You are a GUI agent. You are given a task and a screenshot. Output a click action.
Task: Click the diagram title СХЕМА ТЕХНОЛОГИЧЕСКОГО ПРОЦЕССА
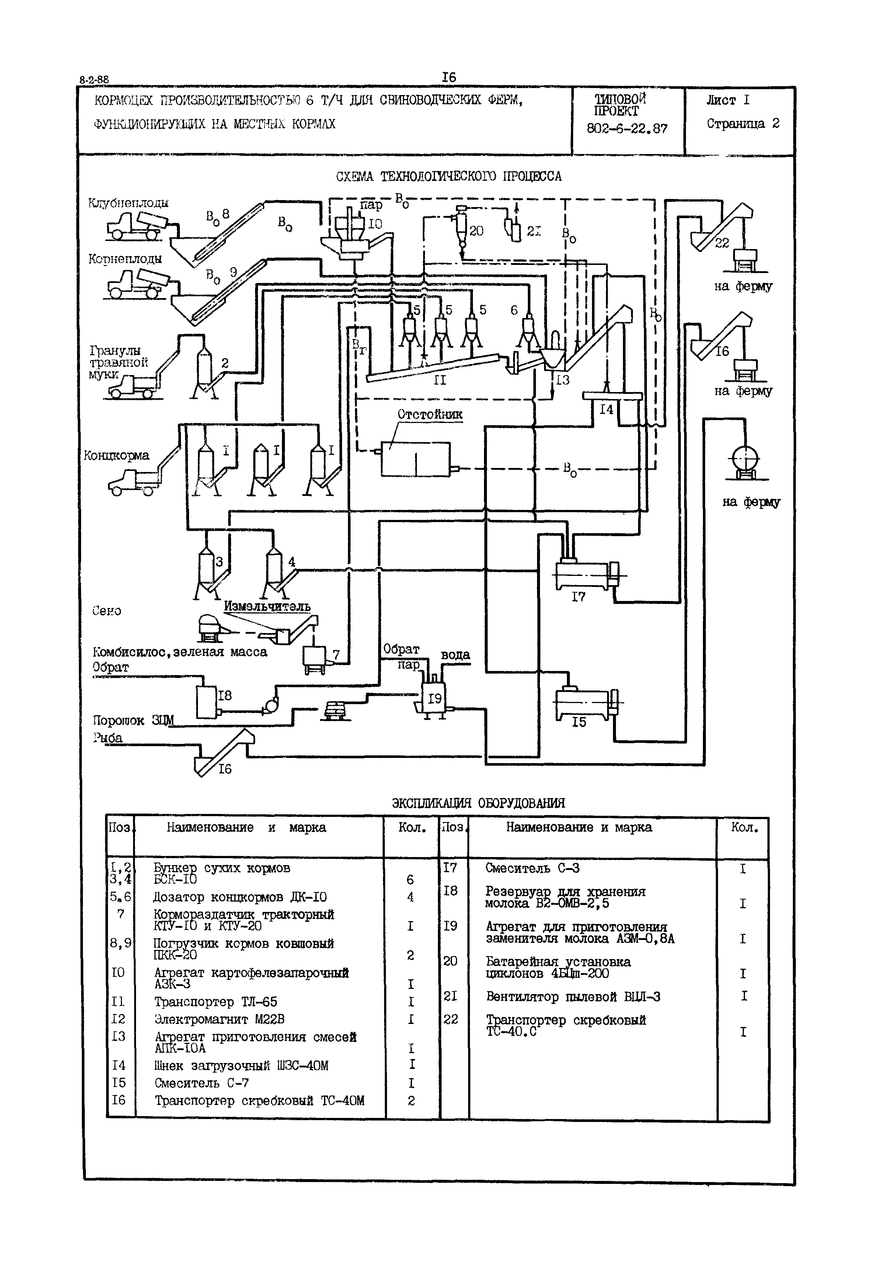(449, 177)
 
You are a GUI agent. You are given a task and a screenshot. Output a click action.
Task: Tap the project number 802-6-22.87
(627, 129)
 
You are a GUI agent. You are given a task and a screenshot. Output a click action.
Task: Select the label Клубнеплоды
(128, 203)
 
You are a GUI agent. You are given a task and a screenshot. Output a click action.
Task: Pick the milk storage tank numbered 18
(207, 701)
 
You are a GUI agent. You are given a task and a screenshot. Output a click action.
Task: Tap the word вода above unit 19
(455, 654)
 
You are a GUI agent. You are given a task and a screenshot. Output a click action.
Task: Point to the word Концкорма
(116, 455)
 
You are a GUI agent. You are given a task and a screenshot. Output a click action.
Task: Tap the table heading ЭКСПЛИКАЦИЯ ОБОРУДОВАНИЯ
(478, 803)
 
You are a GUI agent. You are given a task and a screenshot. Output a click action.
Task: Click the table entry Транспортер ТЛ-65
(216, 1002)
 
